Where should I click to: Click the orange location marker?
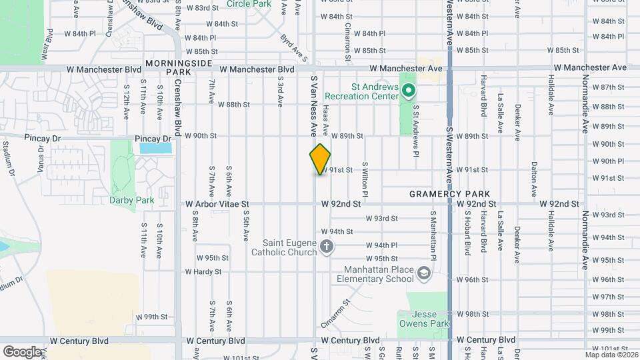point(321,159)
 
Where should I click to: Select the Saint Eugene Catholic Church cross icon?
point(326,247)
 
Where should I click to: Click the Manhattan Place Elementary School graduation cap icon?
point(423,273)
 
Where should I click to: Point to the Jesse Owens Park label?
point(424,319)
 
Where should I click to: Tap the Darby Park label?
point(132,200)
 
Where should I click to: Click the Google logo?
point(22,351)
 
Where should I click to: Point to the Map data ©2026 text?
point(611,355)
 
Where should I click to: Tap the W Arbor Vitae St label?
point(217,204)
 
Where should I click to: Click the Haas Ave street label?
point(326,117)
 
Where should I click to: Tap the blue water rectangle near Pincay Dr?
point(155,148)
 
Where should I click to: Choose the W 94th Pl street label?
point(381,245)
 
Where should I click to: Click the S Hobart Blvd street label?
point(467,234)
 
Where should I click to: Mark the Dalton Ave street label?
point(534,177)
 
